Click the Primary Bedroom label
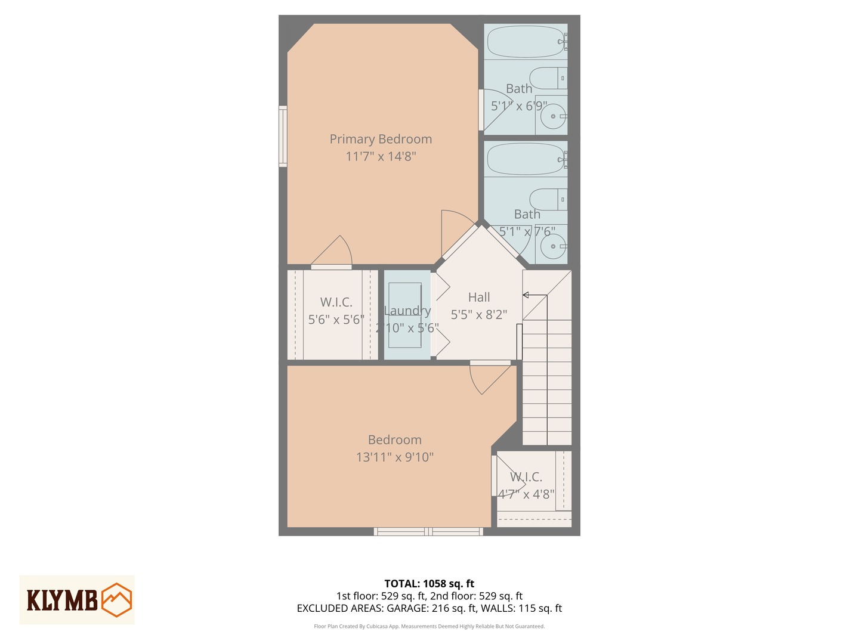(381, 139)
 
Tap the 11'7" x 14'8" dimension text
(381, 156)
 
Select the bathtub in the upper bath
(525, 41)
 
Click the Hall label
(479, 297)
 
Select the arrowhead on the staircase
(526, 295)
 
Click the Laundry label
(407, 311)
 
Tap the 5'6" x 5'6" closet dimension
(336, 320)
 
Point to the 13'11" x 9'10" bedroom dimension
(394, 457)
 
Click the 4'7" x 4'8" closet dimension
(526, 494)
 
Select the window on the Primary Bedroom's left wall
(283, 136)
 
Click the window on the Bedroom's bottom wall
(428, 531)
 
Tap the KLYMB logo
(77, 600)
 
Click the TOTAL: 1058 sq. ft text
(429, 584)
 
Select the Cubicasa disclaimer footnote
(429, 626)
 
